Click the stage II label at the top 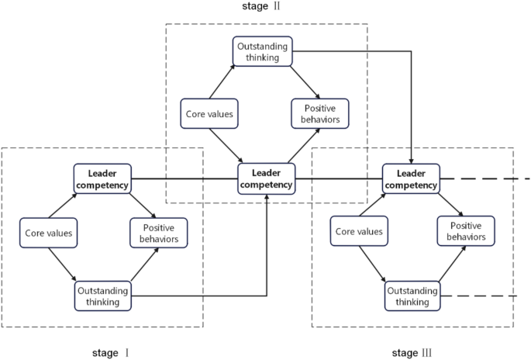coord(265,7)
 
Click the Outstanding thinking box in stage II coord(263,50)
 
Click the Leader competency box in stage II coord(266,178)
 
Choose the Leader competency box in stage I coord(102,178)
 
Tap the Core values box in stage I coord(47,232)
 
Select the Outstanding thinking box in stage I coord(102,295)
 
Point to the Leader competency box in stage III coord(411,178)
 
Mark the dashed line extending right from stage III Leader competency coord(484,178)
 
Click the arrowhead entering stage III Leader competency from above coord(411,160)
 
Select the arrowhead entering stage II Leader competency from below coord(267,199)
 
